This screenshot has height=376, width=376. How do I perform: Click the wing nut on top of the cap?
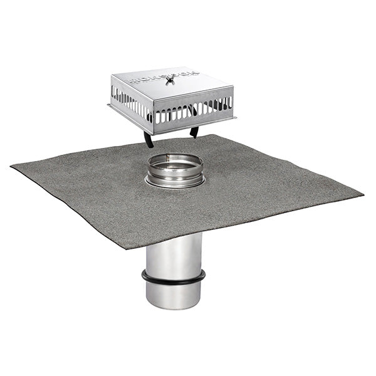pos(170,80)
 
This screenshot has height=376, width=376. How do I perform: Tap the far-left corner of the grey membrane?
pos(13,167)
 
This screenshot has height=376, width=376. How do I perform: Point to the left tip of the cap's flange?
pos(110,105)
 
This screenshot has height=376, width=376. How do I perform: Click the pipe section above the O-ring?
pos(174,254)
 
